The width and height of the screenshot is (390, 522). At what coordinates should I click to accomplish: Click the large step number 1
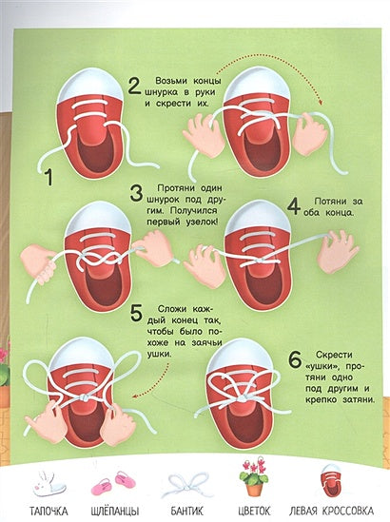click(49, 178)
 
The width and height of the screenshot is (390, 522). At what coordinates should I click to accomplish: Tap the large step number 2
click(135, 87)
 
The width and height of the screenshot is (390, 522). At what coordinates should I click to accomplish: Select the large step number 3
click(136, 194)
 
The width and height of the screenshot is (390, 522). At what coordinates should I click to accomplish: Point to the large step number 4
click(293, 207)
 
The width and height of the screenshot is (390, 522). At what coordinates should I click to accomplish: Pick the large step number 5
click(136, 313)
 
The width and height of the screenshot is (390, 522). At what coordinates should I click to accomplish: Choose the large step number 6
click(295, 359)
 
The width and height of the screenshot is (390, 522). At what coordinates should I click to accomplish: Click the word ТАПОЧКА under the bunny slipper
click(49, 511)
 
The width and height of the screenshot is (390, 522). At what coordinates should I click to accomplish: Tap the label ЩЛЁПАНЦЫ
click(115, 511)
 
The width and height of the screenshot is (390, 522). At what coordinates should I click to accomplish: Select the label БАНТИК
click(186, 511)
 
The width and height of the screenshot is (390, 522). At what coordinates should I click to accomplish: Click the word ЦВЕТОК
click(254, 511)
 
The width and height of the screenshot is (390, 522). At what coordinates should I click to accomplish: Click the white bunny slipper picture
click(47, 483)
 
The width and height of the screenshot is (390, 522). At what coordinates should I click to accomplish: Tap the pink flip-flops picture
click(113, 483)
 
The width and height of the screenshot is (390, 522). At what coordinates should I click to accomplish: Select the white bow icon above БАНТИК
click(187, 485)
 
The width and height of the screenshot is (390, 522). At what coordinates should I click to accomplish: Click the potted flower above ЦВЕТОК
click(254, 479)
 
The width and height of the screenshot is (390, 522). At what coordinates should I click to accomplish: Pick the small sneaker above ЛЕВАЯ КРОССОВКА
click(331, 480)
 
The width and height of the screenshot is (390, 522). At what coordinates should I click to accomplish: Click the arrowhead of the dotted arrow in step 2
click(320, 103)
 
